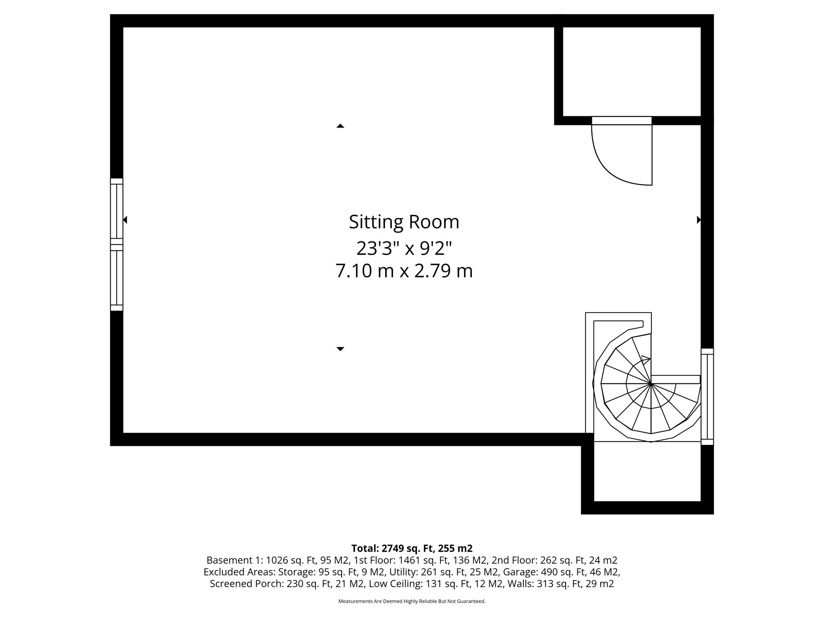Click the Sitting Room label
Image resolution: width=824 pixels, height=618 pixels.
click(x=404, y=222)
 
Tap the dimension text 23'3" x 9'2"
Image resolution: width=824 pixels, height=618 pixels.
click(x=404, y=248)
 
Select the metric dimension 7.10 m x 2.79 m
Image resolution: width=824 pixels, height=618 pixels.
click(x=404, y=271)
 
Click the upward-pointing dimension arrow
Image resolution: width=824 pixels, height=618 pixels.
click(x=340, y=126)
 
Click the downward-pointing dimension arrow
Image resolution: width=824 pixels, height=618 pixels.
click(x=340, y=349)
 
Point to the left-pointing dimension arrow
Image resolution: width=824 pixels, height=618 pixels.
click(x=125, y=220)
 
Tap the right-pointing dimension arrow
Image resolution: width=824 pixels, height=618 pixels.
click(x=699, y=220)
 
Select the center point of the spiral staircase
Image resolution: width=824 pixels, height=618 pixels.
click(x=651, y=384)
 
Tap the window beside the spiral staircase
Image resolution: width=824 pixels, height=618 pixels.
click(x=707, y=396)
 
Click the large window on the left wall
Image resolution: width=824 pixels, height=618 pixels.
click(x=117, y=245)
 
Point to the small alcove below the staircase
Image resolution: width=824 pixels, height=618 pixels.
click(x=647, y=472)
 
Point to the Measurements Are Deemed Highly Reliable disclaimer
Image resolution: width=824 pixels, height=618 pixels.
click(x=412, y=602)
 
